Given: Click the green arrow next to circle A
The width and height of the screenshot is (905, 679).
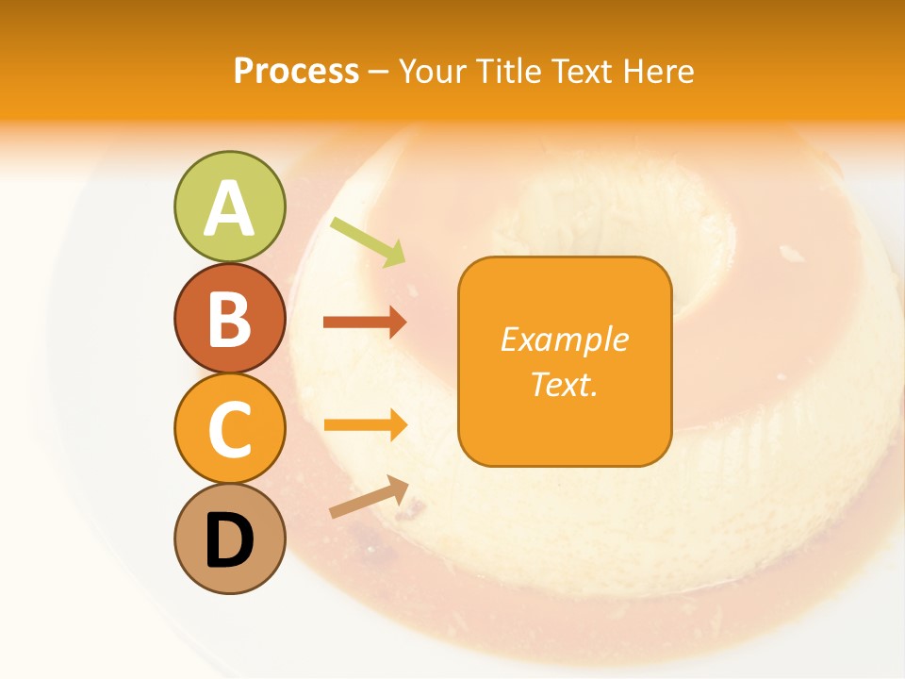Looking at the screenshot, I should (369, 241).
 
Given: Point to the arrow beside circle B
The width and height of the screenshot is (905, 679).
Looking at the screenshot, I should (365, 323).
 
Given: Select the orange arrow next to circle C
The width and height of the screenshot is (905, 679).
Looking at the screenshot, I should (365, 424).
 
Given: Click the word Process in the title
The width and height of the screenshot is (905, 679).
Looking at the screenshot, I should (296, 71).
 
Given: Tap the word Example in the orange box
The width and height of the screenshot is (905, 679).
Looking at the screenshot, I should (564, 339).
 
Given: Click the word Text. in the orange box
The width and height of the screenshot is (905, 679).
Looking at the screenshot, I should (564, 384).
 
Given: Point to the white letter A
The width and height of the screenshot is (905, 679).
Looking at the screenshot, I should (229, 209).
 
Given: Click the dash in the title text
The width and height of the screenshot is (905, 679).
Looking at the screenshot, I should (378, 72).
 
